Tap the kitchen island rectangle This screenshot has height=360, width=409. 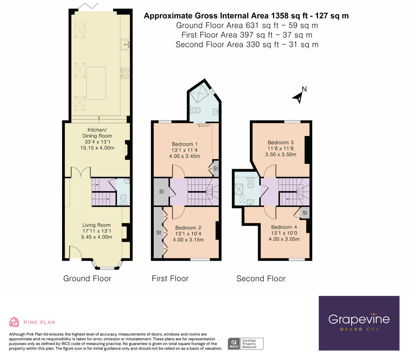[x=96, y=83]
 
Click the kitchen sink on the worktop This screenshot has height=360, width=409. [x=125, y=44]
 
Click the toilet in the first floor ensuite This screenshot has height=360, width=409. [x=195, y=110]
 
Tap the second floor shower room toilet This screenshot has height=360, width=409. [x=251, y=184]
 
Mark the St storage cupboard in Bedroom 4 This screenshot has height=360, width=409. [x=305, y=213]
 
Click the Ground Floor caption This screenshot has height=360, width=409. [x=87, y=279]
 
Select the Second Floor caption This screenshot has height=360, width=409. [x=261, y=279]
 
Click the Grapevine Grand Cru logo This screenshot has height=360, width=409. [x=359, y=323]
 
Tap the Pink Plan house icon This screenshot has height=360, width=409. [x=14, y=322]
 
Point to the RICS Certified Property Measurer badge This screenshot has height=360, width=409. [x=245, y=343]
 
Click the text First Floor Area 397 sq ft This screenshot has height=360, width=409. [x=247, y=35]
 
